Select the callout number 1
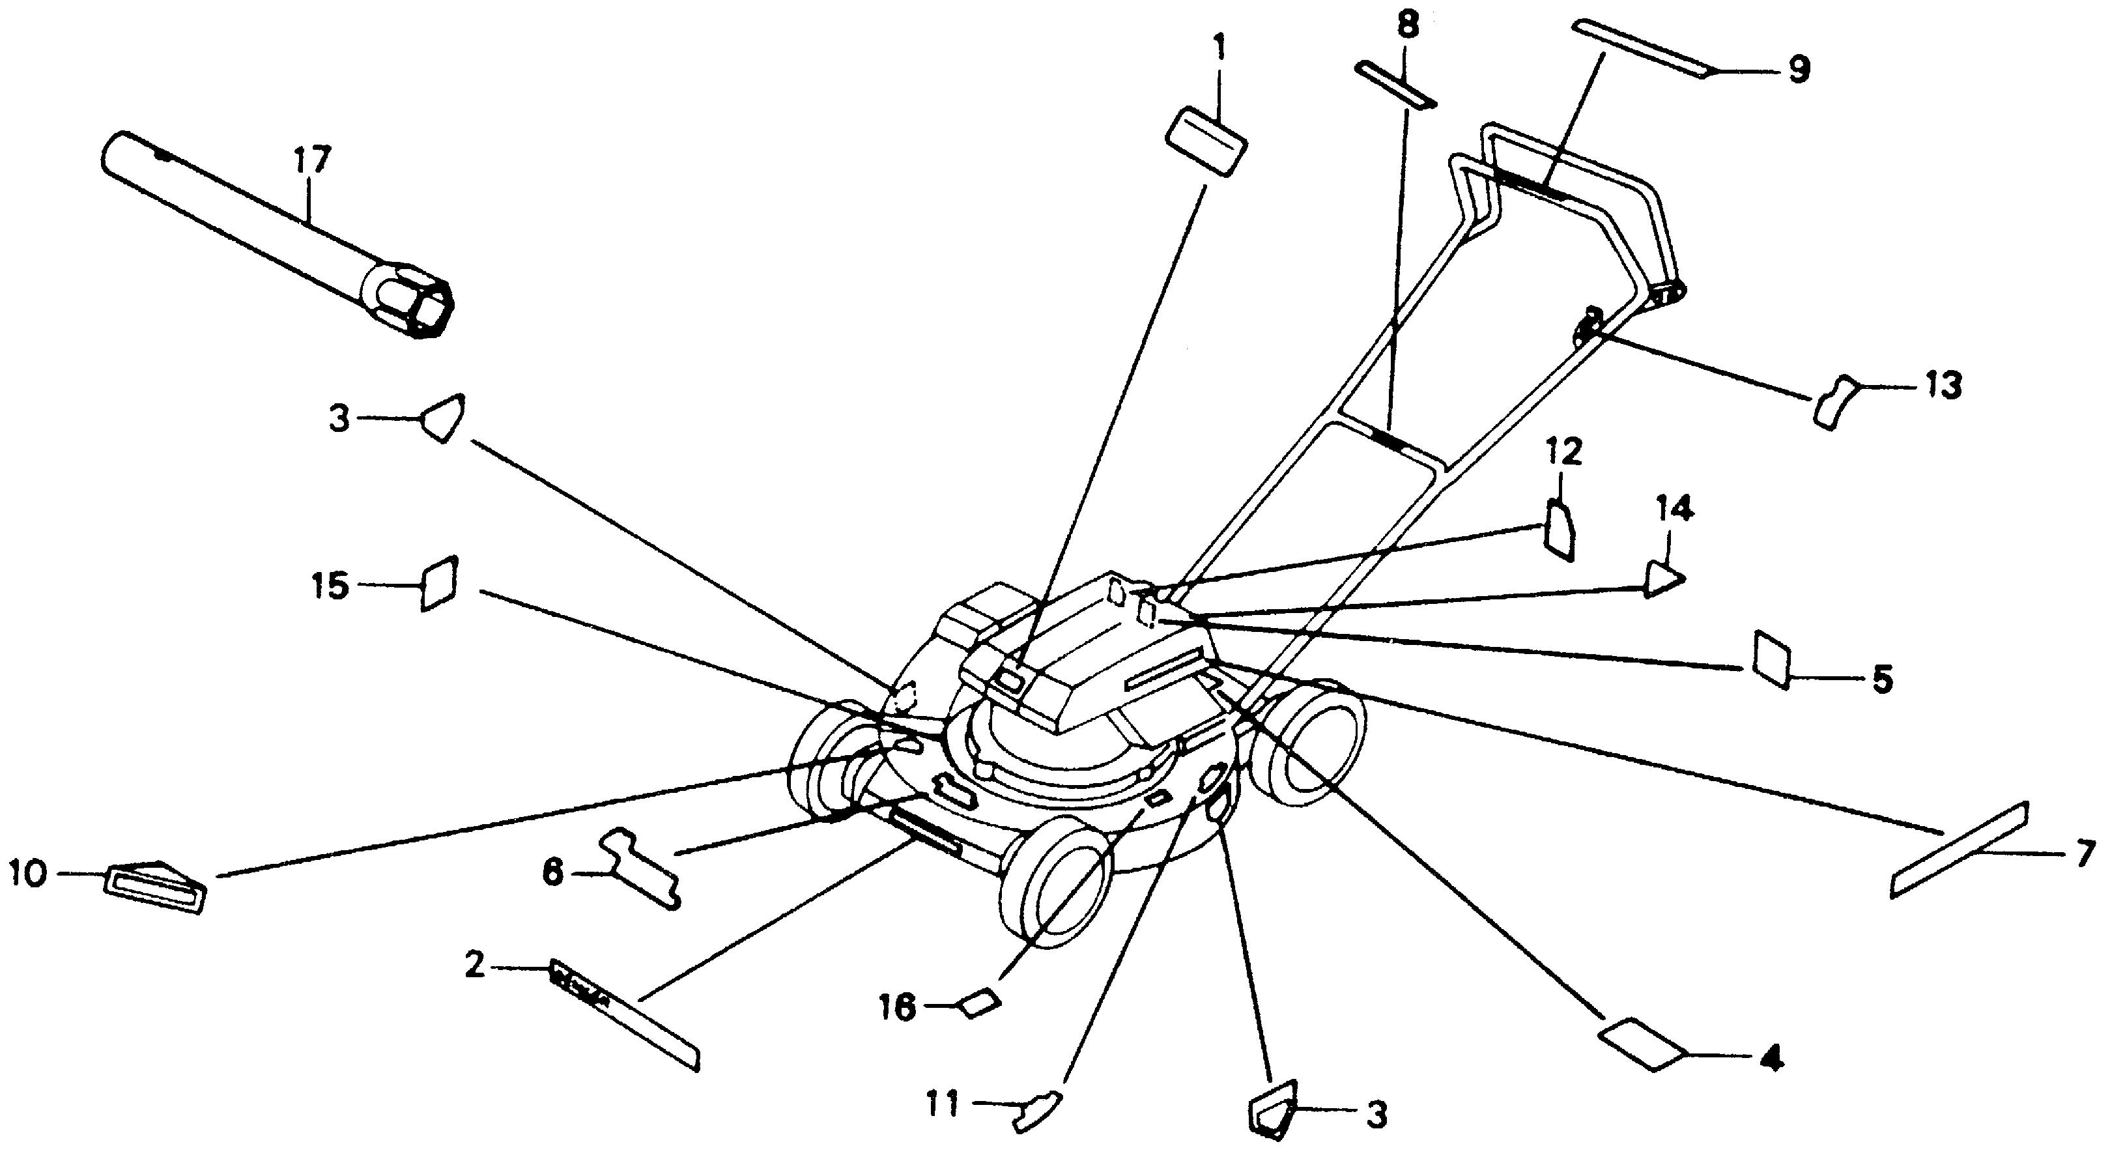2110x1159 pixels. [1219, 50]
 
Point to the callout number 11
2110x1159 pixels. [942, 1106]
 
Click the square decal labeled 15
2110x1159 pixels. [439, 583]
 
